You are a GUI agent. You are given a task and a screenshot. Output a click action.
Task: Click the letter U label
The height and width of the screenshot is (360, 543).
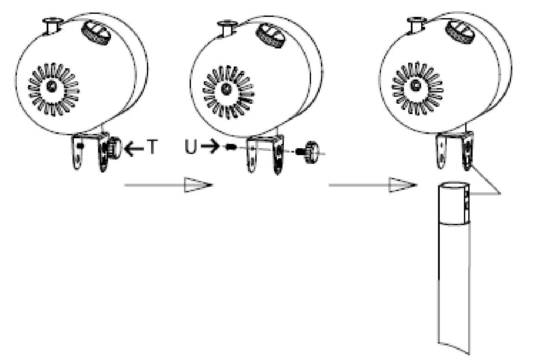tap(191, 148)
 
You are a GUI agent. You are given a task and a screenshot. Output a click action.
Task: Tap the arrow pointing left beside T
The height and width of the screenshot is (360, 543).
tap(134, 149)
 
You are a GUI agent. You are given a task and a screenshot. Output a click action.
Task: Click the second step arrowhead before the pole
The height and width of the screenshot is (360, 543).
tap(402, 185)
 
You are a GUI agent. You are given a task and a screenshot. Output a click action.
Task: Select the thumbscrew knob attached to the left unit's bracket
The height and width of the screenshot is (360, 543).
tap(114, 147)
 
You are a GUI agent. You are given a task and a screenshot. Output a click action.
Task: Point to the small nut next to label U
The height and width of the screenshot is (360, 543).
tap(232, 147)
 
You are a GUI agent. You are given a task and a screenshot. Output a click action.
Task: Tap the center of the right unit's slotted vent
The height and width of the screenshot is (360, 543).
tap(416, 86)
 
